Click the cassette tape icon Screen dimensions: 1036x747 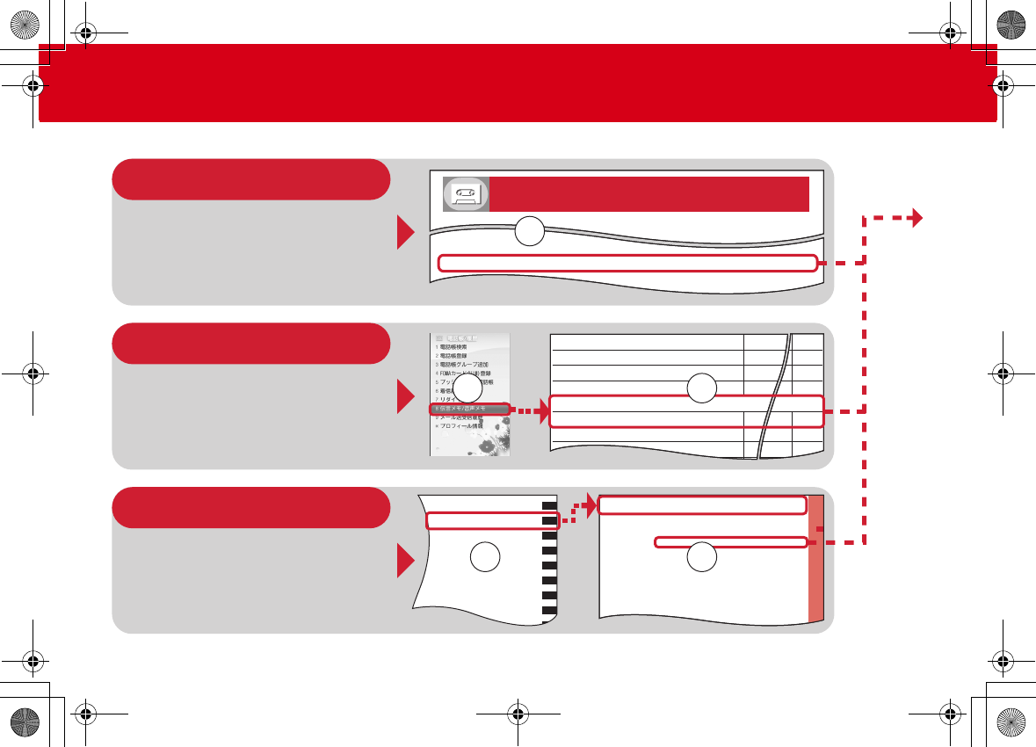pos(466,193)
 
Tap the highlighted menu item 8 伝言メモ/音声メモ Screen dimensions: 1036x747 pos(470,410)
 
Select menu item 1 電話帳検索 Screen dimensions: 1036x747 pos(458,347)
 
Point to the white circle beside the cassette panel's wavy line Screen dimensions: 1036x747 pos(530,233)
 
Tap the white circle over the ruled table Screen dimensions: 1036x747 pos(701,389)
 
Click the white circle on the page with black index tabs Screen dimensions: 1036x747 pos(485,556)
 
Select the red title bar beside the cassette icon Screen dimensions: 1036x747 pos(649,193)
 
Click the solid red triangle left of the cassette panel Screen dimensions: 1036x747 pos(406,233)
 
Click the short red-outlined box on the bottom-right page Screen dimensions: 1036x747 pos(731,542)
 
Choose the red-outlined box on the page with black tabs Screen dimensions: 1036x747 pos(492,521)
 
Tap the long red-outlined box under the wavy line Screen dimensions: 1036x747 pos(627,262)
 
